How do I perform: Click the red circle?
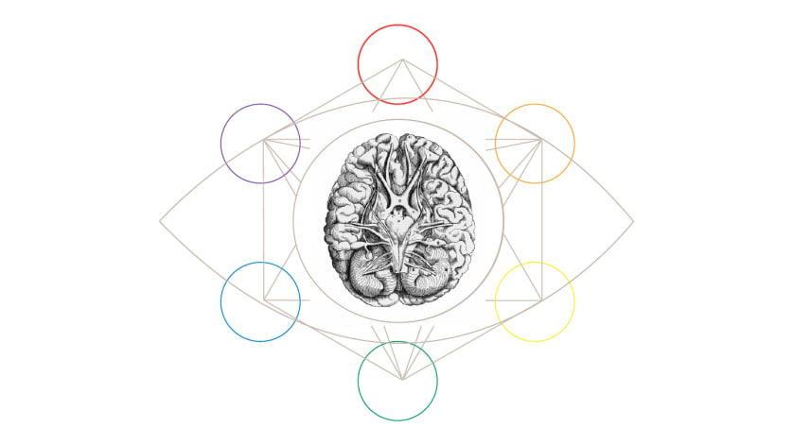(x=397, y=64)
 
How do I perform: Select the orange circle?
(x=535, y=144)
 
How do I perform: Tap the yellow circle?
(x=535, y=301)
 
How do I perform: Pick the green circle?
(x=397, y=381)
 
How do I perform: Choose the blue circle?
(x=260, y=301)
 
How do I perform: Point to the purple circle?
(x=260, y=144)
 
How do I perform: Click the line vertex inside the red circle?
(x=402, y=60)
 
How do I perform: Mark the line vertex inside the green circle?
(x=402, y=380)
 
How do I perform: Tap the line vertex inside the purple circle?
(x=264, y=140)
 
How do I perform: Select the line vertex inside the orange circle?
(x=540, y=140)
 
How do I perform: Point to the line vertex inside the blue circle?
(x=264, y=300)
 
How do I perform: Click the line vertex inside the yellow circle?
(x=540, y=300)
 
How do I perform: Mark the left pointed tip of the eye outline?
(x=160, y=222)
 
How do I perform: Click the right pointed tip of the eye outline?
(x=633, y=222)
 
